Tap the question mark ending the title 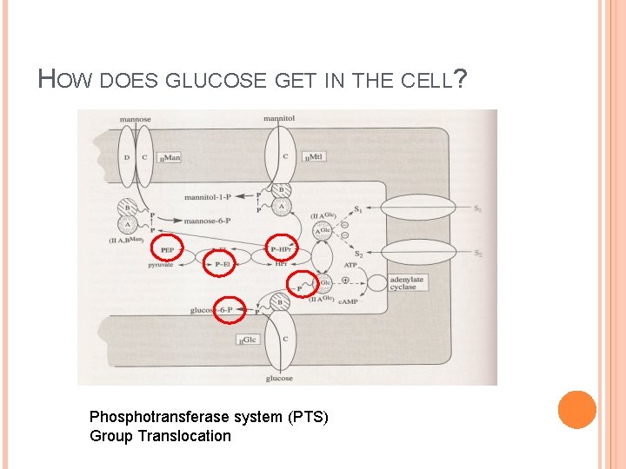pyautogui.click(x=462, y=81)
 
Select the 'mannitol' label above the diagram pyautogui.click(x=279, y=118)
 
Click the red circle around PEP pyautogui.click(x=168, y=249)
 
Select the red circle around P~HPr pyautogui.click(x=281, y=249)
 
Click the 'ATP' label pyautogui.click(x=350, y=265)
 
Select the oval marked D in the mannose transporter pyautogui.click(x=127, y=157)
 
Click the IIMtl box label pyautogui.click(x=315, y=157)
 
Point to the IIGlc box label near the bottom pyautogui.click(x=248, y=340)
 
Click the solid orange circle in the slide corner pyautogui.click(x=576, y=409)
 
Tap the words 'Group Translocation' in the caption pyautogui.click(x=160, y=436)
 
